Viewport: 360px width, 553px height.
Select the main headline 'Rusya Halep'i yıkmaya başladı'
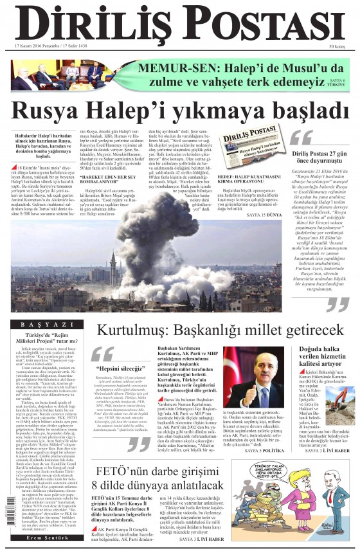coord(179,110)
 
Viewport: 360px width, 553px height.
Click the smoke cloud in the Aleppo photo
coord(161,219)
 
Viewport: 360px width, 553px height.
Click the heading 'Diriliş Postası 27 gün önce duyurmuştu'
coord(319,158)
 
